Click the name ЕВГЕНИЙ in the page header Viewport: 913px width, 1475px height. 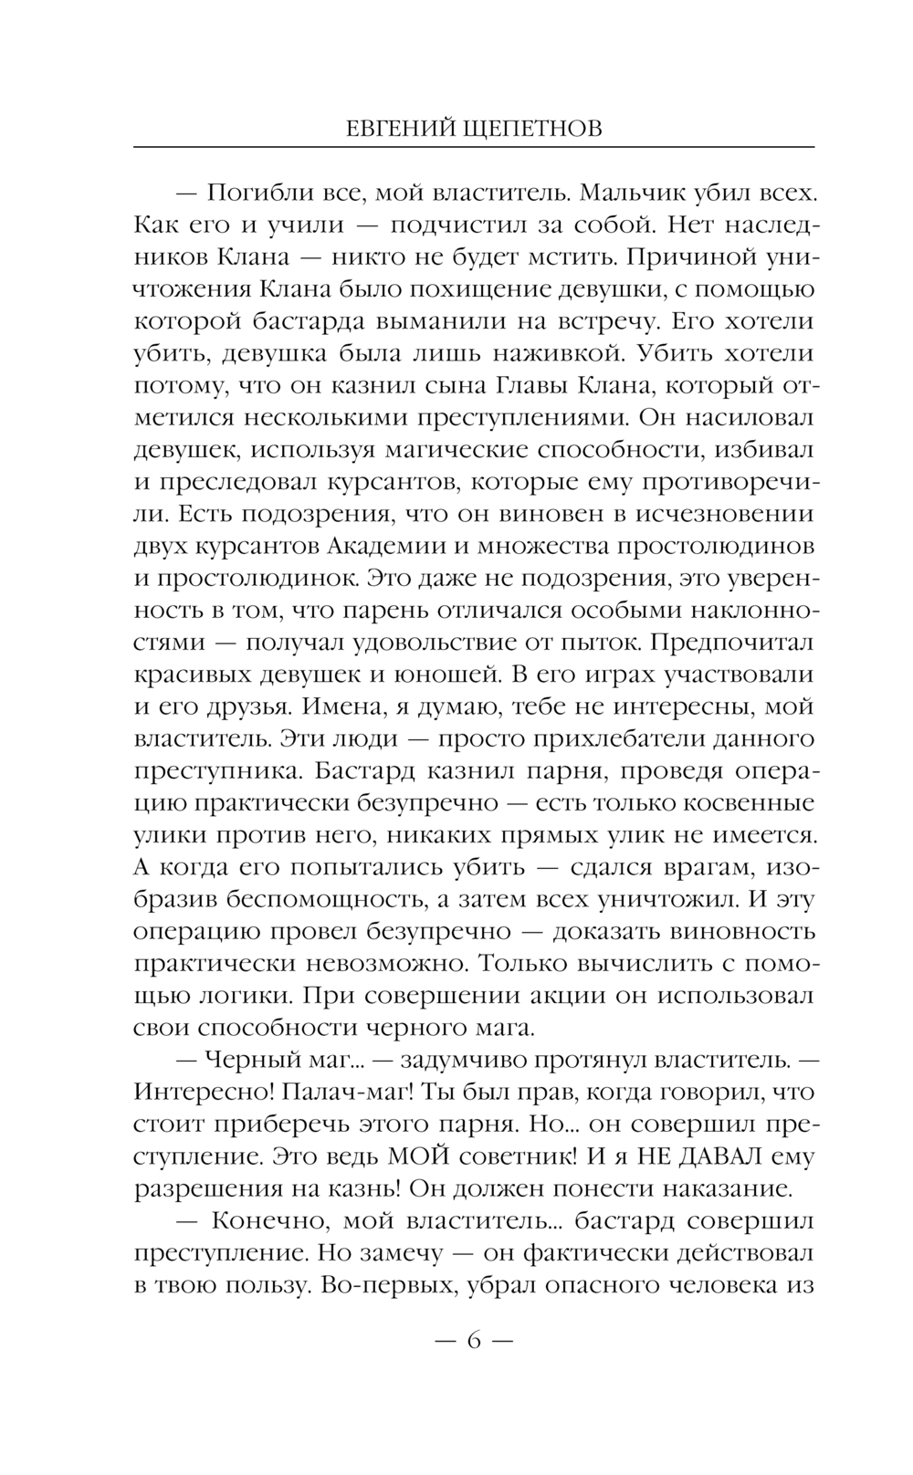(x=397, y=129)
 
